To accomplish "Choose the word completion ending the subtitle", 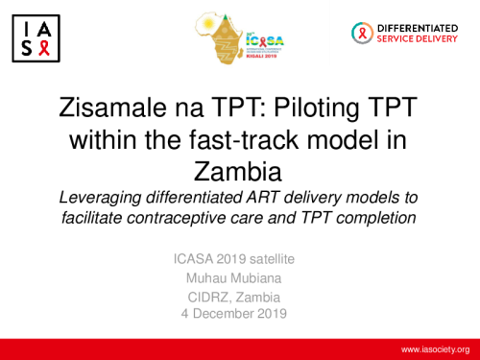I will [377, 218].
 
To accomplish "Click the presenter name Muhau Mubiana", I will [240, 277].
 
